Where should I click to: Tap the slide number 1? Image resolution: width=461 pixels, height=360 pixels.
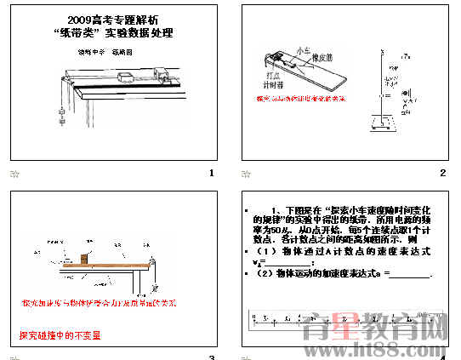tap(211, 174)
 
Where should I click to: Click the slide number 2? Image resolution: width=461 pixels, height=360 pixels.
tap(443, 174)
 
